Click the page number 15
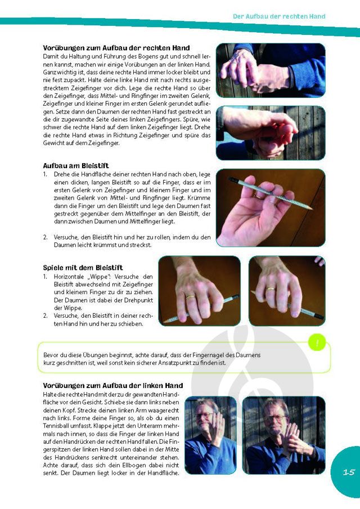[349, 472]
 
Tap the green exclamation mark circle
[317, 343]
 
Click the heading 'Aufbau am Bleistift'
[76, 166]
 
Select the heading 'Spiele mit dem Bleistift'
[83, 268]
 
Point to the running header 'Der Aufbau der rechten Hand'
[279, 16]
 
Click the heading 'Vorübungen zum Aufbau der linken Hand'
[113, 386]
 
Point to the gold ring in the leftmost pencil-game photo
[190, 297]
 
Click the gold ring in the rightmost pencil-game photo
[271, 289]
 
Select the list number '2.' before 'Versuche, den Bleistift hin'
[46, 237]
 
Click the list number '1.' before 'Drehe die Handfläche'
[46, 174]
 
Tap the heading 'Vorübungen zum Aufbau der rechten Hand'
[116, 48]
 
